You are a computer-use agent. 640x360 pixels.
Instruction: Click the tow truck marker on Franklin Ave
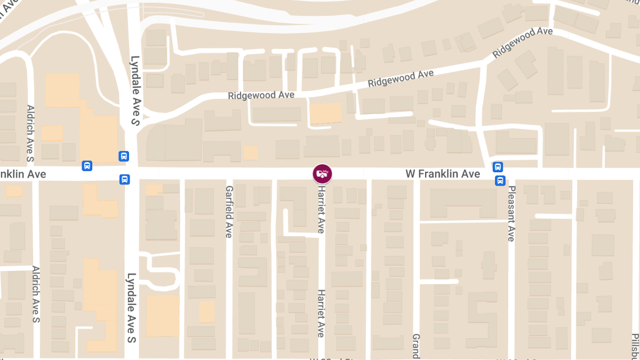coord(322,173)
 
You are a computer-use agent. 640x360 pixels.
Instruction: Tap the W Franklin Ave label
coord(443,174)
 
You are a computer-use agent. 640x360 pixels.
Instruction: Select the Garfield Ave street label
coord(229,212)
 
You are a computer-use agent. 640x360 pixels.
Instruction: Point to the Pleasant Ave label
coord(511,214)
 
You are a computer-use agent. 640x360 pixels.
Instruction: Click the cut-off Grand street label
coord(416,346)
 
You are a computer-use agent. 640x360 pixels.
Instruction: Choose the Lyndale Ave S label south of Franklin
coord(131,308)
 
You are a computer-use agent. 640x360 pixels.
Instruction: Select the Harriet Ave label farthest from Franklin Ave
coord(321,313)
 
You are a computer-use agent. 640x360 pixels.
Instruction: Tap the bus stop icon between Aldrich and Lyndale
coord(87,166)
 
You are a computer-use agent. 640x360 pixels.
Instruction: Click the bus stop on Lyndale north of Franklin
coord(124,156)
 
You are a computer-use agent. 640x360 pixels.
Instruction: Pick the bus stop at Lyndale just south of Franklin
coord(124,180)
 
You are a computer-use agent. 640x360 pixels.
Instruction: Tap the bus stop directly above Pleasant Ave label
coord(500,180)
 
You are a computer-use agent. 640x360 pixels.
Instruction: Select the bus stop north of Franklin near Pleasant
coord(498,167)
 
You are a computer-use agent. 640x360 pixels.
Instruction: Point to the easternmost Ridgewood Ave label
coord(522,43)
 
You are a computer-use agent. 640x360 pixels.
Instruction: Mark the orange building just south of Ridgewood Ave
coord(325,113)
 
